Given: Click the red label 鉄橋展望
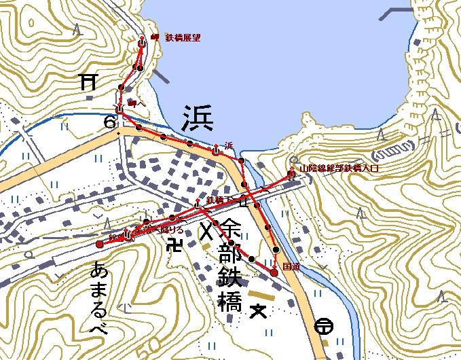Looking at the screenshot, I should tap(181, 39).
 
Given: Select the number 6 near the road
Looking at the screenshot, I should tap(109, 122).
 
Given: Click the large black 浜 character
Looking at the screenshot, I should tap(198, 119).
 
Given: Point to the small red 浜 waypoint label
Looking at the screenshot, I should tap(228, 145).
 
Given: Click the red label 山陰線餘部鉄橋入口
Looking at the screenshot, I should tap(338, 167).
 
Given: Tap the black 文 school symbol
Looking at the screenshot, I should tap(257, 312).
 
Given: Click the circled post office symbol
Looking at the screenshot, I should tap(324, 327).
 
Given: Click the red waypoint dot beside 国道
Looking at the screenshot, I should tap(274, 272).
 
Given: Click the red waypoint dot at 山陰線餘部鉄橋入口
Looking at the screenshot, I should tap(291, 175).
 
